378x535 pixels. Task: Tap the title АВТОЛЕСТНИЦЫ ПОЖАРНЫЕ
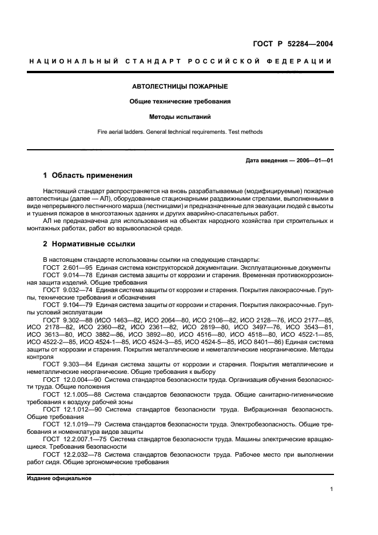[180, 86]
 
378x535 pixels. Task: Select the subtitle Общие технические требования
[181, 102]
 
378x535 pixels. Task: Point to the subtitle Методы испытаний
[180, 117]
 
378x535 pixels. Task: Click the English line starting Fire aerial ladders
[180, 132]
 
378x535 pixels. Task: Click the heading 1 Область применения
[88, 175]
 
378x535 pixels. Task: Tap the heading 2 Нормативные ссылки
[89, 244]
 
